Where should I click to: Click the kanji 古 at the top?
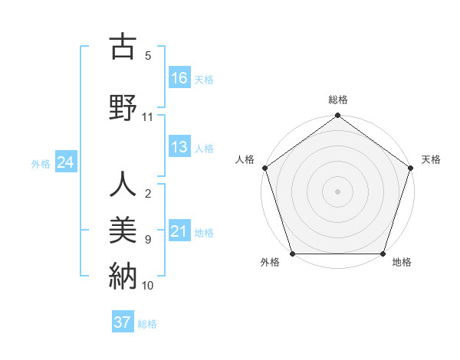coord(123,48)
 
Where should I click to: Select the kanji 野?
coord(123,106)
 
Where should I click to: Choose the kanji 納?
coord(123,274)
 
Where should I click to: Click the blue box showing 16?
coord(179,77)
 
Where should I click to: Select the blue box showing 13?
coord(179,148)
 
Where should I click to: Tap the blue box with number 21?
coord(179,231)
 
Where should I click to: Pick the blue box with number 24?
coord(66,162)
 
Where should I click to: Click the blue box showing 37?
coord(123,322)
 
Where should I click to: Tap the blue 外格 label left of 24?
coord(41,163)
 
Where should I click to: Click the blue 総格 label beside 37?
coord(147,323)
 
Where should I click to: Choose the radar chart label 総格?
coord(337,100)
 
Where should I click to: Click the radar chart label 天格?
coord(431,159)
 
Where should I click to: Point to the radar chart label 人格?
coord(245,159)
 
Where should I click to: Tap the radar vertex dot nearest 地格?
coord(383,254)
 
